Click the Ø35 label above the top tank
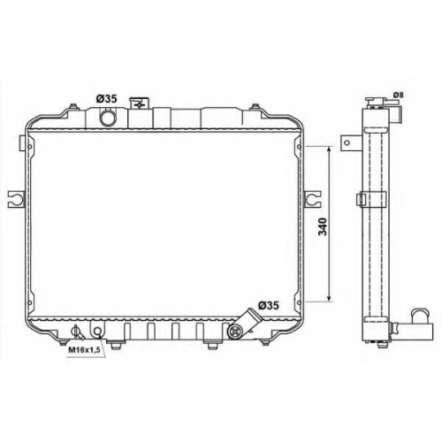[x=107, y=99]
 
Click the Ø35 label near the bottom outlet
[x=268, y=306]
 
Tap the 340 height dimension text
[x=323, y=226]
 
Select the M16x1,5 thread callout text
[x=85, y=350]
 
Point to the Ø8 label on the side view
[x=399, y=95]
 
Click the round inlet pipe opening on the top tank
[x=108, y=118]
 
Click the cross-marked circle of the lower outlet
[x=235, y=331]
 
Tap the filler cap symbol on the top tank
[x=139, y=103]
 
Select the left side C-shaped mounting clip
[x=16, y=200]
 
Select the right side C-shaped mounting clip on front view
[x=312, y=200]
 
